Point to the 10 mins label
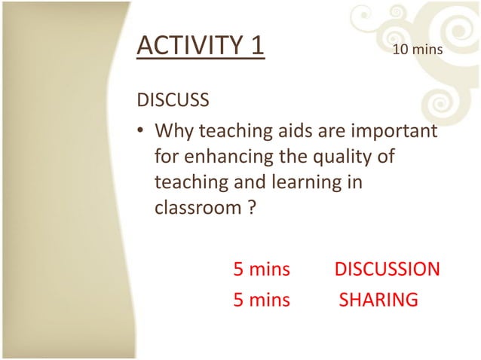tap(417, 50)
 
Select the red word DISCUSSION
tap(387, 269)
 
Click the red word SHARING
tap(378, 300)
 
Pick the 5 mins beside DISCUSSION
tap(261, 269)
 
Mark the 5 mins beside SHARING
tap(261, 300)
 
